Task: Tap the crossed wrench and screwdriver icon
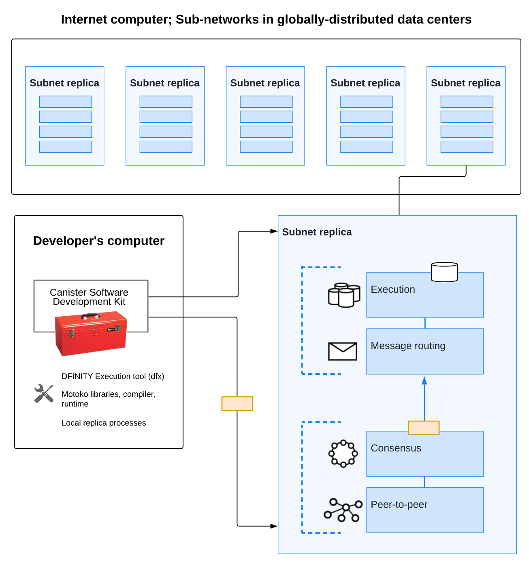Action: click(44, 394)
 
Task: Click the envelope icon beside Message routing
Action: click(343, 351)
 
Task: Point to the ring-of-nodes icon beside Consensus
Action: click(343, 453)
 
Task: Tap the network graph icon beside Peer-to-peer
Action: click(343, 510)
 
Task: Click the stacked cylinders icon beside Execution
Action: click(344, 295)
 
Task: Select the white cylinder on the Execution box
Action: click(444, 272)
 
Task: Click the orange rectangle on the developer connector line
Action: click(237, 404)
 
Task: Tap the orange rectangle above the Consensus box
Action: click(424, 428)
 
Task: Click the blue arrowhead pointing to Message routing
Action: click(424, 381)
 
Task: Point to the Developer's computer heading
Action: click(99, 241)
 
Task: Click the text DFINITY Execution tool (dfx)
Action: click(113, 376)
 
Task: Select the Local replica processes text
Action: click(104, 423)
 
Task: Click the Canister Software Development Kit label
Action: click(89, 297)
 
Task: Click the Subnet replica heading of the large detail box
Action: click(317, 232)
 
